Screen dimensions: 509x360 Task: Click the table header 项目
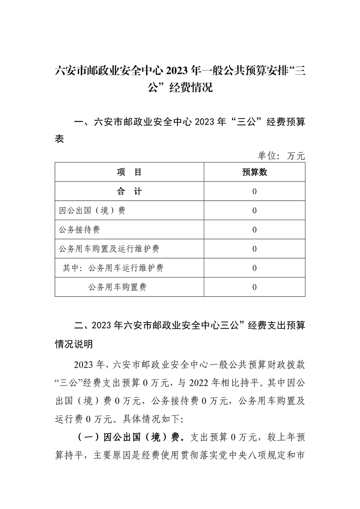pyautogui.click(x=129, y=172)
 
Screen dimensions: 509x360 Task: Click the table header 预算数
pyautogui.click(x=254, y=172)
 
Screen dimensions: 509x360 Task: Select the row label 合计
pyautogui.click(x=129, y=191)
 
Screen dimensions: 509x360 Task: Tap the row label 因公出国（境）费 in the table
pyautogui.click(x=92, y=211)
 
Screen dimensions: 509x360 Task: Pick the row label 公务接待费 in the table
pyautogui.click(x=79, y=230)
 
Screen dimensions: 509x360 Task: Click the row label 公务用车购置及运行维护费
pyautogui.click(x=109, y=249)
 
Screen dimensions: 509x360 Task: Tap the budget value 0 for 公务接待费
pyautogui.click(x=254, y=230)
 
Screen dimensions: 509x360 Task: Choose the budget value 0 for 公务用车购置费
pyautogui.click(x=254, y=287)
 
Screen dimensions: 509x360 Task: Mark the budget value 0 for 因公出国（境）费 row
pyautogui.click(x=254, y=211)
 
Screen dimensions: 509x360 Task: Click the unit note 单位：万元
pyautogui.click(x=281, y=156)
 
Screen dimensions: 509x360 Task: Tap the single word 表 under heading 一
pyautogui.click(x=59, y=139)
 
